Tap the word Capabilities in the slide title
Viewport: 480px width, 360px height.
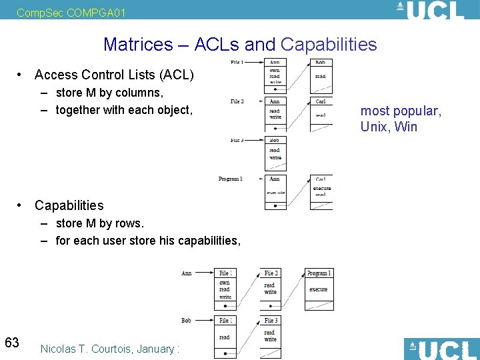point(329,45)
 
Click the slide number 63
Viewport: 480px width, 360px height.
point(12,343)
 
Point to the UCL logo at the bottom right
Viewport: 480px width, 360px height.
point(441,349)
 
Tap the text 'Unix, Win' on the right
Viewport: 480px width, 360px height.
point(389,127)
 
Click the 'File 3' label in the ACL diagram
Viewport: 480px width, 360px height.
point(237,140)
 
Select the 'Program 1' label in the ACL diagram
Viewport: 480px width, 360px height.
point(231,179)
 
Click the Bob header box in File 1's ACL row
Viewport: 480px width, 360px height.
point(321,63)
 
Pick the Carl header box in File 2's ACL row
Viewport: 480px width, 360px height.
point(321,101)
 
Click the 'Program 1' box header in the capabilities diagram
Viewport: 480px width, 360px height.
point(319,273)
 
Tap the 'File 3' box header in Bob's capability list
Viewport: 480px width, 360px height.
point(271,321)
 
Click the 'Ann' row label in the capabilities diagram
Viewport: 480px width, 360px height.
point(187,273)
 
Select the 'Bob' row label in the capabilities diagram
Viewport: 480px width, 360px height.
point(187,321)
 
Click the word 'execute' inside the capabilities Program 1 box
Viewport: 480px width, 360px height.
point(319,289)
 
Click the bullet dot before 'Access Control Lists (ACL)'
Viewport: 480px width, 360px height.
point(22,75)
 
